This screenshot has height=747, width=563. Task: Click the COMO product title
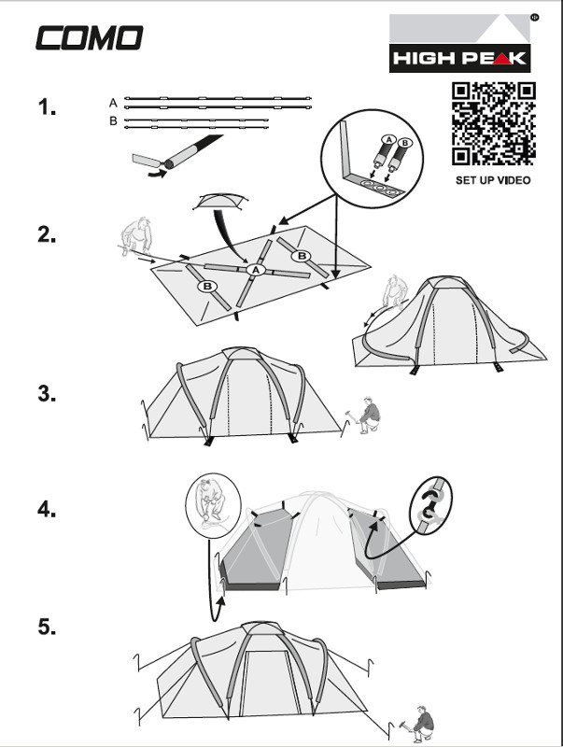click(x=90, y=38)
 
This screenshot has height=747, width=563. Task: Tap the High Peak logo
click(x=459, y=43)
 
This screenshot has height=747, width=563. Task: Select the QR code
click(x=494, y=124)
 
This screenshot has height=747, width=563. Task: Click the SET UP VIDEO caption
click(x=493, y=180)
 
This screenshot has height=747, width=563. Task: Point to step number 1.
click(x=47, y=106)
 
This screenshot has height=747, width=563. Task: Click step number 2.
click(x=47, y=234)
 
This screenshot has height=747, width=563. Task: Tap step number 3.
click(x=47, y=393)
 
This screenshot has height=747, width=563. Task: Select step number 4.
click(x=47, y=509)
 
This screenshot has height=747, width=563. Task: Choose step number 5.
click(x=47, y=627)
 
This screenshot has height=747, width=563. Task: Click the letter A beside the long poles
click(x=113, y=103)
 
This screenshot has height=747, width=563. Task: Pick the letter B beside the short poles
click(x=113, y=121)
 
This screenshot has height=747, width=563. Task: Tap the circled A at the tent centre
click(x=256, y=270)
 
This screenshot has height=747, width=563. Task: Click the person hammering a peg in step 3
click(x=364, y=414)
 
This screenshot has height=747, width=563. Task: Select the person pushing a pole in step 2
click(x=135, y=236)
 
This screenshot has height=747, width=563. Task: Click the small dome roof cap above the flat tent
click(x=220, y=202)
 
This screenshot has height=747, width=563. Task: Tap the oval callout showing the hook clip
click(x=430, y=505)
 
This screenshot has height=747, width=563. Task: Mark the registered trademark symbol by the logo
click(x=534, y=17)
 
